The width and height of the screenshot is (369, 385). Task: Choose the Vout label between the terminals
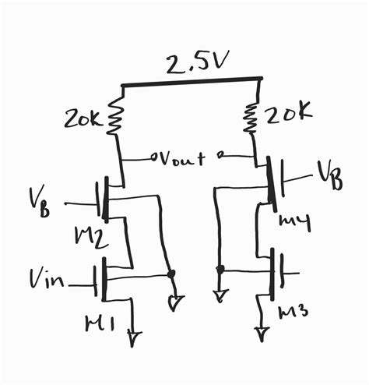pyautogui.click(x=183, y=159)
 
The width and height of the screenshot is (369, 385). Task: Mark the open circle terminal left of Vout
pyautogui.click(x=154, y=158)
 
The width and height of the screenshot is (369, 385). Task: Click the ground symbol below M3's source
pyautogui.click(x=263, y=334)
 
